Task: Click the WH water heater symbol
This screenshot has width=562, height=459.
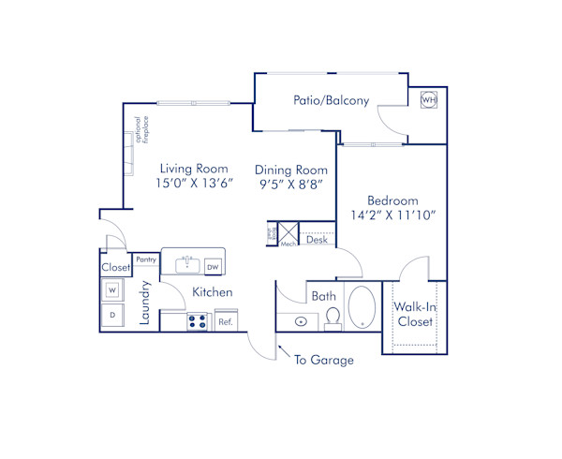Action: tap(429, 100)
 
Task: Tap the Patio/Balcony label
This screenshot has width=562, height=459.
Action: tap(331, 100)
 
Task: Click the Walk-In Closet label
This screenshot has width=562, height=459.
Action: tap(413, 315)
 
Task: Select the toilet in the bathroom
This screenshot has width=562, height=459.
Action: tap(332, 320)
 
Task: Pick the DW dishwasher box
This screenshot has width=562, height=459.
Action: tap(214, 265)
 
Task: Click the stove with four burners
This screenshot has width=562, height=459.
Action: tap(198, 320)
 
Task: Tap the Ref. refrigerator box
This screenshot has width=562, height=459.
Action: tap(226, 321)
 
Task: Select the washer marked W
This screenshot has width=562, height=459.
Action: tap(111, 289)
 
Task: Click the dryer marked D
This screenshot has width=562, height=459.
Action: tap(111, 316)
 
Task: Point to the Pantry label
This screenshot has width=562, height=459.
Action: tap(145, 259)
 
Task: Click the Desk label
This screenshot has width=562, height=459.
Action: tap(316, 241)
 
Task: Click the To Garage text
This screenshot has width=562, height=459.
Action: tap(323, 360)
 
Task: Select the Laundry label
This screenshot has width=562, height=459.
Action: tap(146, 303)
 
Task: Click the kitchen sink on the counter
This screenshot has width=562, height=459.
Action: tap(186, 263)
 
